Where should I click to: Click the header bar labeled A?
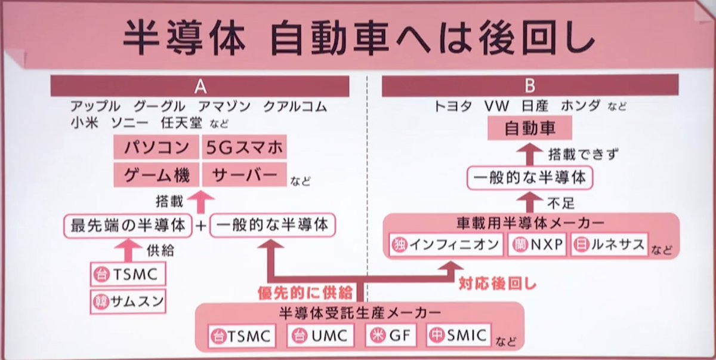click(x=200, y=86)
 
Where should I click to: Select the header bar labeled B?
click(x=530, y=86)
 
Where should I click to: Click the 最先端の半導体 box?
click(x=127, y=225)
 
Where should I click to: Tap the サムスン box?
click(x=128, y=301)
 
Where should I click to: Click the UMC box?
click(x=319, y=336)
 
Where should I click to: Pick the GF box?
click(x=390, y=336)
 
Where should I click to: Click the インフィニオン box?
click(x=446, y=245)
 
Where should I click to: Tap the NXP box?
click(x=537, y=245)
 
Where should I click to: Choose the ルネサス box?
click(x=609, y=245)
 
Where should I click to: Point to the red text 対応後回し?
click(x=498, y=284)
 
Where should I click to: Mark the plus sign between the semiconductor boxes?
click(x=201, y=225)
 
